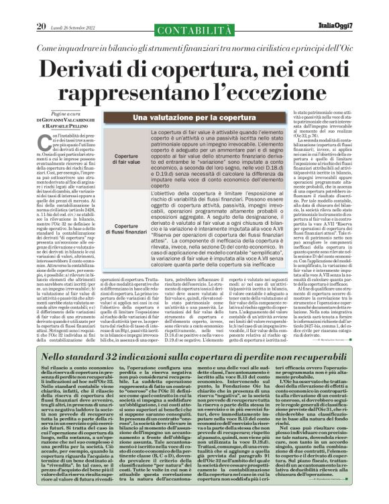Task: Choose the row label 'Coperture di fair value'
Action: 127,158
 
